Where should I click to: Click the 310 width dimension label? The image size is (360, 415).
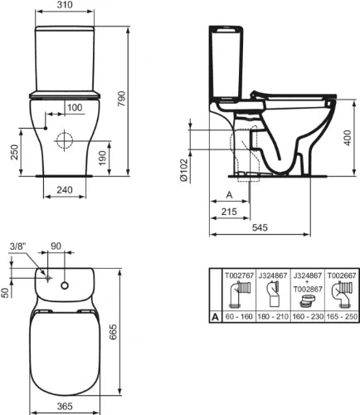pos(65,5)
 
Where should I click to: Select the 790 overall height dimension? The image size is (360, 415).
pos(122,99)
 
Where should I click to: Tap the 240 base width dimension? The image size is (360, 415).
pos(65,190)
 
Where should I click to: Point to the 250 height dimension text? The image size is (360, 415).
pos(14,153)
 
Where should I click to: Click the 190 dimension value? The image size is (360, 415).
pos(103,158)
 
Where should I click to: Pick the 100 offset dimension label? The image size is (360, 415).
pos(75,107)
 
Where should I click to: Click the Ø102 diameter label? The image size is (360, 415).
pos(183,170)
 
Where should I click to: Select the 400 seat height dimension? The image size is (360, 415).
pos(348,138)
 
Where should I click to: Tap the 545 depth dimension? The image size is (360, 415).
pos(260,227)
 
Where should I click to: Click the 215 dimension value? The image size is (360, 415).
pos(229,212)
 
